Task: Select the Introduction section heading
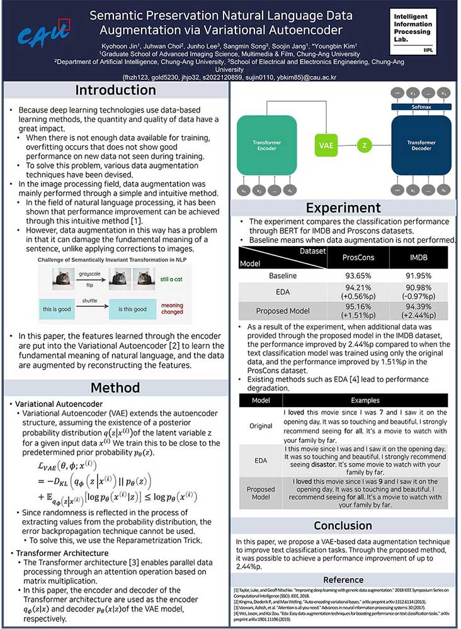[116, 90]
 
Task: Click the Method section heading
[116, 388]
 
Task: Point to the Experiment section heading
[343, 208]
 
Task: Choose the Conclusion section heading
[343, 526]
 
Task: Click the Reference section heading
[343, 579]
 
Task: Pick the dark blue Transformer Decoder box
[421, 145]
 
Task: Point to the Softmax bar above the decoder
[421, 107]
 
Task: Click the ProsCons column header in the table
[358, 257]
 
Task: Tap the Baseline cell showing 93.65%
[358, 276]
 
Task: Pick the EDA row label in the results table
[282, 293]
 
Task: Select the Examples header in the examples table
[365, 401]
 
